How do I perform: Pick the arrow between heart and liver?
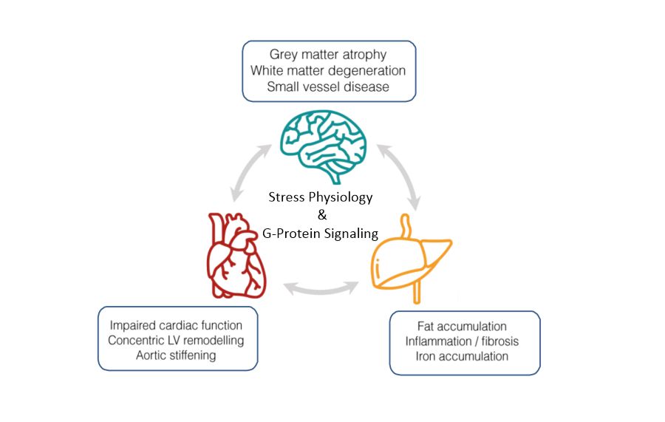321,290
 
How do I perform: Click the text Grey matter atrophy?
328,54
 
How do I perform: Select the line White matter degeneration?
328,70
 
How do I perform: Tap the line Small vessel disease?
328,86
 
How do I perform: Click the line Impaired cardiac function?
176,325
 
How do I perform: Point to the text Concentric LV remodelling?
176,340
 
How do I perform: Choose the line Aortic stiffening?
176,355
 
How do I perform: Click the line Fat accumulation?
462,326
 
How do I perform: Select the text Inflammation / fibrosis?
462,341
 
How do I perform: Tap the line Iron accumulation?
462,356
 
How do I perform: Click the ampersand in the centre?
322,215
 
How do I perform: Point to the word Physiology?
341,197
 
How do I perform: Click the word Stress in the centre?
287,197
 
